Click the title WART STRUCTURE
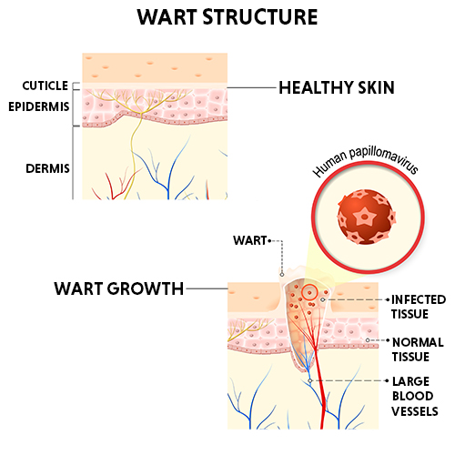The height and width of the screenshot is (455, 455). [x=227, y=17]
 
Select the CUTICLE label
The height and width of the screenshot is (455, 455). [x=45, y=86]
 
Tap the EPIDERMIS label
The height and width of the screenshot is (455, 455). [x=39, y=106]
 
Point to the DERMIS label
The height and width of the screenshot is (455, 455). [x=47, y=168]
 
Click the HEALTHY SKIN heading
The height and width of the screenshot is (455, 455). [x=337, y=87]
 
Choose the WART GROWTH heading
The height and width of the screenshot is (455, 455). [x=119, y=288]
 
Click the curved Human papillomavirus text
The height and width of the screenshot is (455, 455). [x=366, y=161]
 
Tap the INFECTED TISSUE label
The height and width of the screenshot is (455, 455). [x=419, y=307]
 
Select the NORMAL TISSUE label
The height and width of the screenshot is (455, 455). [x=418, y=349]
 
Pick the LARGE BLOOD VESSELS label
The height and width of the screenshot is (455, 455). [x=415, y=396]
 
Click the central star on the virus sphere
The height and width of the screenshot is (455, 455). [x=365, y=217]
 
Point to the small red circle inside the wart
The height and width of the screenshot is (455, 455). [x=309, y=292]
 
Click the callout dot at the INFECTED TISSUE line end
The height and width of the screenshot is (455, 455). [x=323, y=299]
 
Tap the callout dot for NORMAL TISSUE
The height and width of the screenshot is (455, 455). [x=368, y=340]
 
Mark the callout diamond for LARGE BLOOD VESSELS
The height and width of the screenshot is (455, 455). [x=310, y=380]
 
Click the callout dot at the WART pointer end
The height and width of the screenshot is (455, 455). [x=282, y=275]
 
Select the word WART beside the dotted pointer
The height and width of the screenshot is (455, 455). [x=250, y=240]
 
